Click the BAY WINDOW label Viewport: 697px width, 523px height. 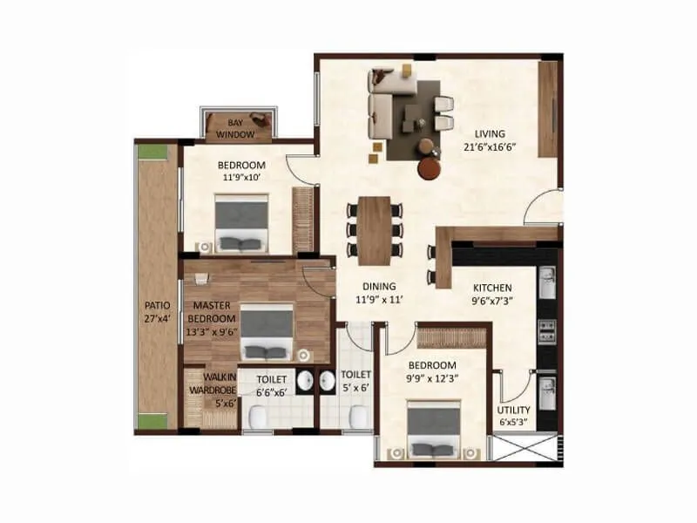(235, 129)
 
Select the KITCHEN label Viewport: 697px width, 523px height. (492, 288)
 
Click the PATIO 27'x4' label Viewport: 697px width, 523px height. (158, 312)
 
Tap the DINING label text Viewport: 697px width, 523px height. (379, 285)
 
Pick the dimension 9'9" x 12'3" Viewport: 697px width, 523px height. (433, 377)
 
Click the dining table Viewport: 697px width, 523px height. (376, 228)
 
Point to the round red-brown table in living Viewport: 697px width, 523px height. (429, 167)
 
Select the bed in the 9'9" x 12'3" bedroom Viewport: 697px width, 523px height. (433, 428)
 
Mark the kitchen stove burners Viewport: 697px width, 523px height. (548, 329)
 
